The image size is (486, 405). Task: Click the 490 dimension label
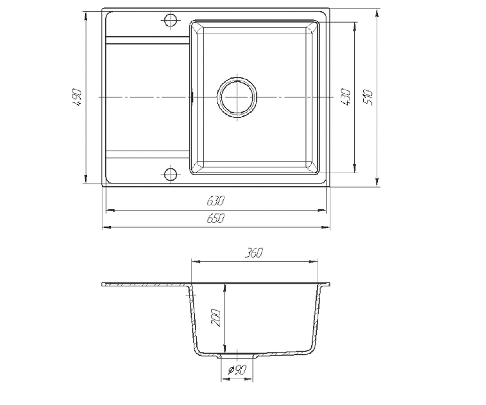(77, 97)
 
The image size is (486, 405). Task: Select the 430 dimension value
(345, 97)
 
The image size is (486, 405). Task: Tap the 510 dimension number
(368, 97)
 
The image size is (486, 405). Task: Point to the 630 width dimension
(216, 200)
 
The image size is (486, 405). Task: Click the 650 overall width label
(216, 218)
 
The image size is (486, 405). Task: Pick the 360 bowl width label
(254, 253)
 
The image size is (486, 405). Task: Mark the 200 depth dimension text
(215, 318)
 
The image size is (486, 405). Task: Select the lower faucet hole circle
(171, 174)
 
